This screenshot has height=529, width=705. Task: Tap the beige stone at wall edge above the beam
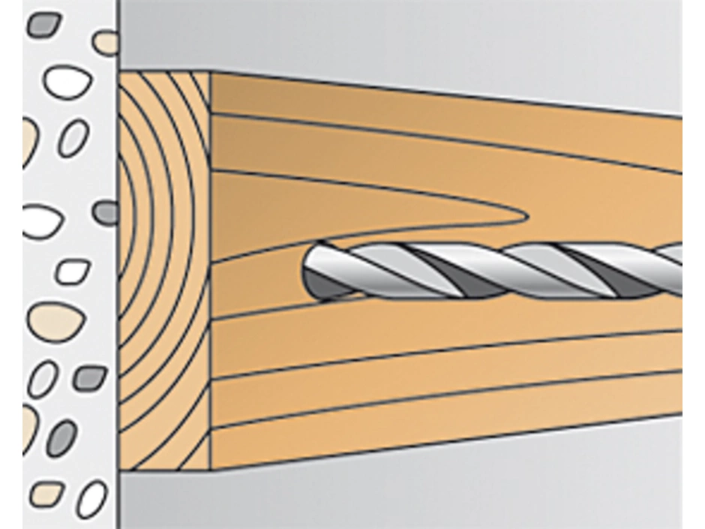pos(106,42)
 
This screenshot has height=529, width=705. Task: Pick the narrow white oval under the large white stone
pos(73,139)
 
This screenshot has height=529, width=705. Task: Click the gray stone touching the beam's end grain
pos(106,212)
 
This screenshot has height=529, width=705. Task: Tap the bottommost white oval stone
pos(91,498)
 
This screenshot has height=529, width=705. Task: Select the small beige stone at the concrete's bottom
pos(46,493)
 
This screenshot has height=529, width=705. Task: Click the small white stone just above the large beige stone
pos(72,272)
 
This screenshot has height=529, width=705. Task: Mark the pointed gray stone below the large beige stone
pos(90,377)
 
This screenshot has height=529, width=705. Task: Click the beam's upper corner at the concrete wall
pos(120,72)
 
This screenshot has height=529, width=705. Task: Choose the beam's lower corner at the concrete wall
pos(120,470)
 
